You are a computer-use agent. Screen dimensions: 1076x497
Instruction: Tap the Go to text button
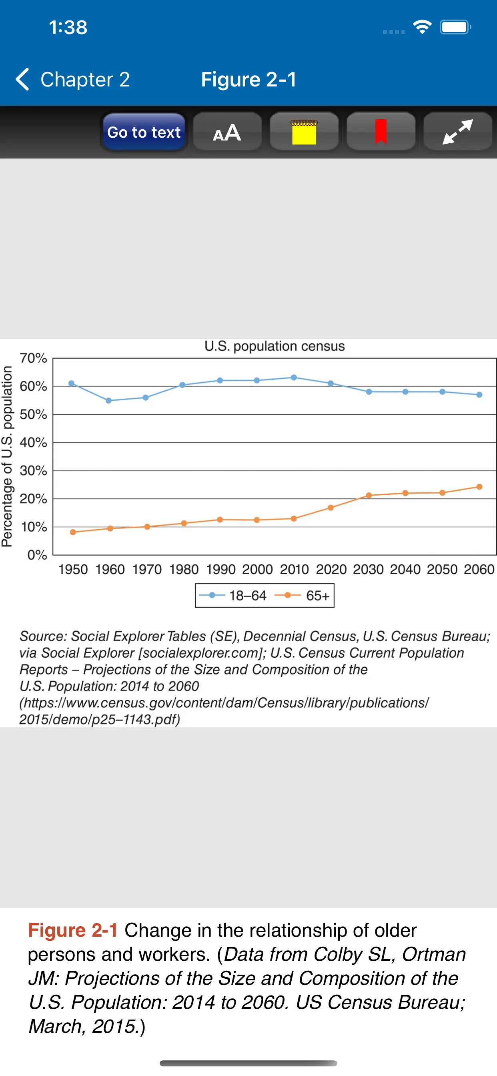click(x=144, y=132)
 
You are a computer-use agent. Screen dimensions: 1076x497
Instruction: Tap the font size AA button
click(x=227, y=132)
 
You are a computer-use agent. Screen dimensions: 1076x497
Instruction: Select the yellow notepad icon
click(x=304, y=132)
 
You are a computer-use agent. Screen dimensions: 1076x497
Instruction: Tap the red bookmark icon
click(x=381, y=132)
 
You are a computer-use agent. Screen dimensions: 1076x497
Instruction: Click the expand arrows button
click(x=458, y=132)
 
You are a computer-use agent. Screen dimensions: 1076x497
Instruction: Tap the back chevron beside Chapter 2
click(x=22, y=79)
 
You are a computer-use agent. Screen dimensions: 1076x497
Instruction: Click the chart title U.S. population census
click(x=275, y=346)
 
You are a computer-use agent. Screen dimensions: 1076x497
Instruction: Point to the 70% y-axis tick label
click(x=33, y=358)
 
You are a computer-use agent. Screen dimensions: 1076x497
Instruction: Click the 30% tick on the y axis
click(x=33, y=471)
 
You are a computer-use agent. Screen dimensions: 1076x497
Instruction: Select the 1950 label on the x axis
click(x=73, y=569)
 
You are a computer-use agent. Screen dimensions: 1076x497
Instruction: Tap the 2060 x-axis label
click(x=479, y=569)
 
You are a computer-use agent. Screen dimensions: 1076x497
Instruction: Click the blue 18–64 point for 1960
click(x=108, y=401)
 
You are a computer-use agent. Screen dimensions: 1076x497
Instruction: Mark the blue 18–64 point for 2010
click(x=294, y=377)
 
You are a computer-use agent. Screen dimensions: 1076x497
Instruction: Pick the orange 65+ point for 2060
click(x=479, y=487)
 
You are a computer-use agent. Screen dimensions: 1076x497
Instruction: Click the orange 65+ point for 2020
click(x=331, y=508)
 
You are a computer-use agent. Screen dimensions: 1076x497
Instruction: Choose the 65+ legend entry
click(x=303, y=596)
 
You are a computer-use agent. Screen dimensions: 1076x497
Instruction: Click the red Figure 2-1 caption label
click(x=73, y=931)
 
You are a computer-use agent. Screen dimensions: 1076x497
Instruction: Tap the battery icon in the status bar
click(x=455, y=28)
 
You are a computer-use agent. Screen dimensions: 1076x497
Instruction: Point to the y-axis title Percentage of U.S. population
click(x=7, y=456)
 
